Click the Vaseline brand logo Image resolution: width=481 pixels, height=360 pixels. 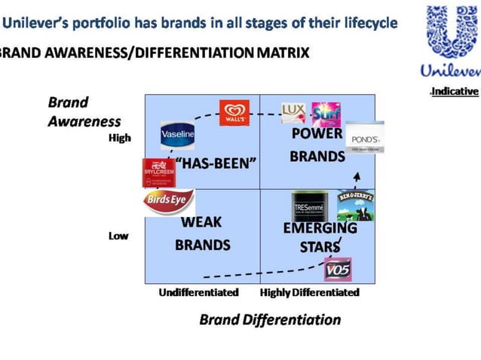[x=178, y=134]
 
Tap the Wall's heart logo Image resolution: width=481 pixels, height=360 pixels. [x=234, y=113]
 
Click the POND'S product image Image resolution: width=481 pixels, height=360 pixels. [x=365, y=138]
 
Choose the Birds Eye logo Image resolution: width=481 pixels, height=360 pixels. [x=169, y=201]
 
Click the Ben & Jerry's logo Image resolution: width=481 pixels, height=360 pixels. [x=356, y=205]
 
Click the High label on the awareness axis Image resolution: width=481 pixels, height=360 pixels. [x=118, y=138]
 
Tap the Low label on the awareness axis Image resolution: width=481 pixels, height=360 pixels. [x=118, y=236]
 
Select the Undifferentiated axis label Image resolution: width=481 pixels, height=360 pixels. [x=198, y=292]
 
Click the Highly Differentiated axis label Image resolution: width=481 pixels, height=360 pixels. [x=309, y=292]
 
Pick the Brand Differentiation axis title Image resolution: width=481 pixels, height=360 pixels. [x=270, y=319]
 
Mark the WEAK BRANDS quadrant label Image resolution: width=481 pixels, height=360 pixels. [x=202, y=233]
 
